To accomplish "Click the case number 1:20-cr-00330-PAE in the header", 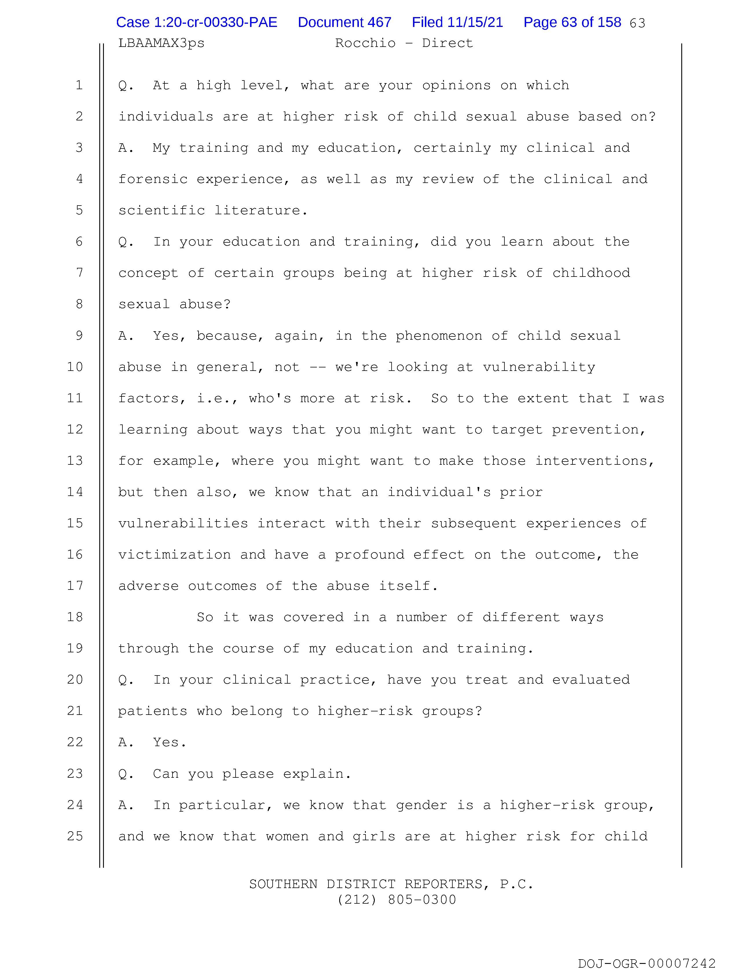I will pyautogui.click(x=196, y=22).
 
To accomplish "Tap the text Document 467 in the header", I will pyautogui.click(x=344, y=22).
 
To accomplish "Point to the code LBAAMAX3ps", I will pyautogui.click(x=161, y=43).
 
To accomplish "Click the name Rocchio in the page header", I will pyautogui.click(x=365, y=43).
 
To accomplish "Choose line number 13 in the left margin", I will pyautogui.click(x=75, y=460).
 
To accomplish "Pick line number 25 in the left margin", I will pyautogui.click(x=75, y=836).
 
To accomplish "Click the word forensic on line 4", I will pyautogui.click(x=153, y=179).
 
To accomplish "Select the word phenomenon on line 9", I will pyautogui.click(x=438, y=336).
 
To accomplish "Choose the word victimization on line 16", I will pyautogui.click(x=175, y=554).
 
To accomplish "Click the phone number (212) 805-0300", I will pyautogui.click(x=397, y=900).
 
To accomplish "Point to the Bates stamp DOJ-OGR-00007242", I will pyautogui.click(x=647, y=963).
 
